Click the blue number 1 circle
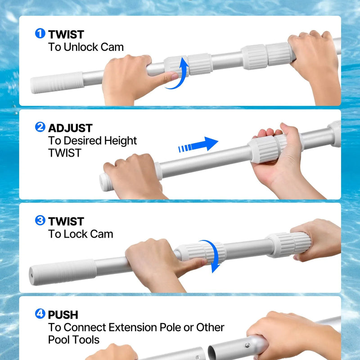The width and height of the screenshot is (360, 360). pyautogui.click(x=40, y=33)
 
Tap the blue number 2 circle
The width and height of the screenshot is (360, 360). pyautogui.click(x=40, y=127)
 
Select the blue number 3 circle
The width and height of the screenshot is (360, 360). pyautogui.click(x=40, y=220)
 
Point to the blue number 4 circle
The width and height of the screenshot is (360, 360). pyautogui.click(x=40, y=314)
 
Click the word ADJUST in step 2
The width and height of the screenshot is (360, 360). pyautogui.click(x=70, y=128)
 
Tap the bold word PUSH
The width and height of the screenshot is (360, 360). pyautogui.click(x=63, y=315)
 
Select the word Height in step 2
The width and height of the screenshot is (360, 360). pyautogui.click(x=120, y=141)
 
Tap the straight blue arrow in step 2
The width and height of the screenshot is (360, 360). pyautogui.click(x=198, y=144)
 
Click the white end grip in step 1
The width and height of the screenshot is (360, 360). pyautogui.click(x=57, y=82)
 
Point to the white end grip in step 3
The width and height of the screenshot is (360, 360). pyautogui.click(x=63, y=272)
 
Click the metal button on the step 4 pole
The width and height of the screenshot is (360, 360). pyautogui.click(x=247, y=345)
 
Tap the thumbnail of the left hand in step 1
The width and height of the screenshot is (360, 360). pyautogui.click(x=175, y=76)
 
